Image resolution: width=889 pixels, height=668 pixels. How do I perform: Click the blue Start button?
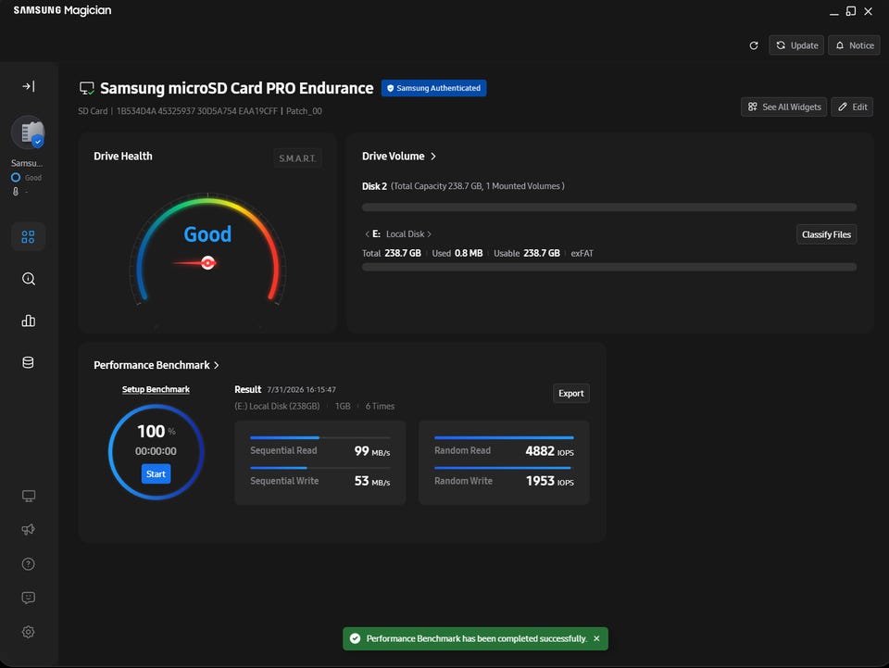[x=156, y=474]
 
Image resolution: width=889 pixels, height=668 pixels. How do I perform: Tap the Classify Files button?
[x=826, y=234]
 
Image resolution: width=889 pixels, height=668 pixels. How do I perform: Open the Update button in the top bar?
[x=796, y=45]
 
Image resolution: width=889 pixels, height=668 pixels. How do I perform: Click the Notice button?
[x=855, y=45]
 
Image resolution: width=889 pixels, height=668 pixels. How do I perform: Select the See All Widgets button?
[x=784, y=107]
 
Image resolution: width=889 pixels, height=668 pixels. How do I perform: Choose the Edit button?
[x=852, y=107]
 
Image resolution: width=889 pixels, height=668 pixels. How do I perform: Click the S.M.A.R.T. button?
[x=297, y=158]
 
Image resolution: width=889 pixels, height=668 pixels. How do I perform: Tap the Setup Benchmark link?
[x=156, y=389]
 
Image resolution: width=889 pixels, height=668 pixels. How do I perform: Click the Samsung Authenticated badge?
[x=433, y=88]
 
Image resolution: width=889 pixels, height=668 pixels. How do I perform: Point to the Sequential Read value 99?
[x=362, y=451]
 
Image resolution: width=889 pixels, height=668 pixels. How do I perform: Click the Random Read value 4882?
[x=540, y=451]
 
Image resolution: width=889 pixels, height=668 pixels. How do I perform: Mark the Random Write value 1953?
[x=540, y=481]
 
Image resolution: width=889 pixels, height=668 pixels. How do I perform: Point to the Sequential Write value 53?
[x=362, y=481]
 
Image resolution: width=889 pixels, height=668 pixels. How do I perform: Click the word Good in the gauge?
[x=207, y=234]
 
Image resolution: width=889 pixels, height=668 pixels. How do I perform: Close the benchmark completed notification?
[x=596, y=638]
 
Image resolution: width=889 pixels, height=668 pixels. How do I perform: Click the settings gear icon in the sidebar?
[x=29, y=632]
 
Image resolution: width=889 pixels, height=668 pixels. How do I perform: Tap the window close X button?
[x=868, y=11]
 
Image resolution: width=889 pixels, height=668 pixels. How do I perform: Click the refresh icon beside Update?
[x=754, y=45]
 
